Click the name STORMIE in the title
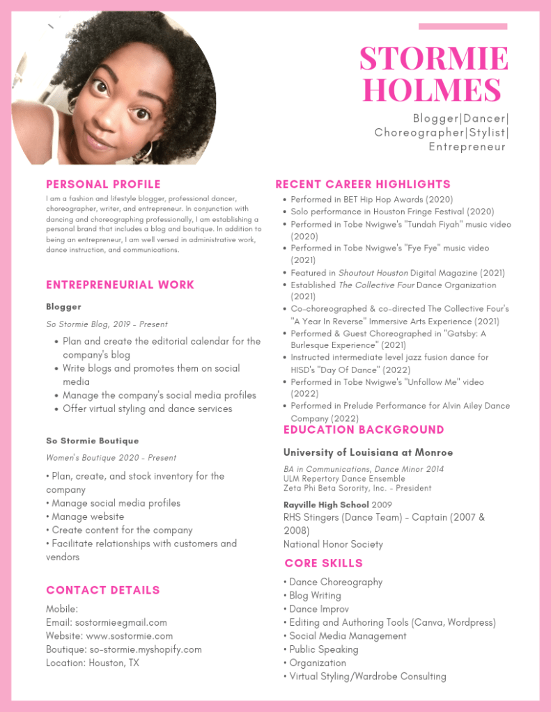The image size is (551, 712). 433,59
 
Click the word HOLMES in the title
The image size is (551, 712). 432,91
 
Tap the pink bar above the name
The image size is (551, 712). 463,26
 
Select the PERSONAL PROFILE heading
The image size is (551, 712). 103,184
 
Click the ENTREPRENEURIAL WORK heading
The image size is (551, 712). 120,285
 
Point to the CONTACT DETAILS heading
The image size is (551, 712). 103,590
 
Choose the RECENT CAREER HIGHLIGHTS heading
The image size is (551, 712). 363,184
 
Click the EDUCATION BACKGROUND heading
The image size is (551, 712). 364,430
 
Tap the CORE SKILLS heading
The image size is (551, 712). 323,563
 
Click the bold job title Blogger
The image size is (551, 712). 63,306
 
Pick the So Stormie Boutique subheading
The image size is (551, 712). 93,441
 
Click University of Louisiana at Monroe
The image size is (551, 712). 368,452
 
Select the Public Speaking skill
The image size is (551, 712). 323,649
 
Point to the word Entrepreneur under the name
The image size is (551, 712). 467,147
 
